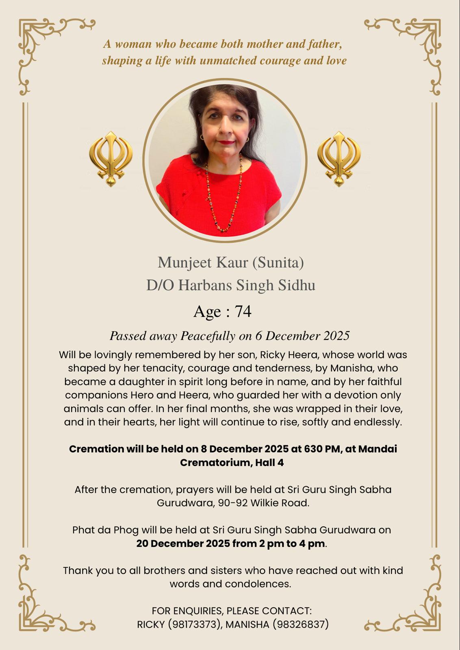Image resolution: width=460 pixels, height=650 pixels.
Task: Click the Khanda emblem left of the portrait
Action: tap(111, 158)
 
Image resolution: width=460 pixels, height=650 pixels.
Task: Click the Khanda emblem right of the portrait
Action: tap(338, 158)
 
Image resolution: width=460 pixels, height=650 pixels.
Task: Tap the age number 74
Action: tap(243, 312)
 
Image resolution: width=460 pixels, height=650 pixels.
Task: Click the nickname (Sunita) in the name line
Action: tap(278, 262)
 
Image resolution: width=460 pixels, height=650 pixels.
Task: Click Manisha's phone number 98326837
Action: tap(300, 624)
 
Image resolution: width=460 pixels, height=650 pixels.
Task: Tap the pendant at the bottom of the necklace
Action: tap(223, 230)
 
